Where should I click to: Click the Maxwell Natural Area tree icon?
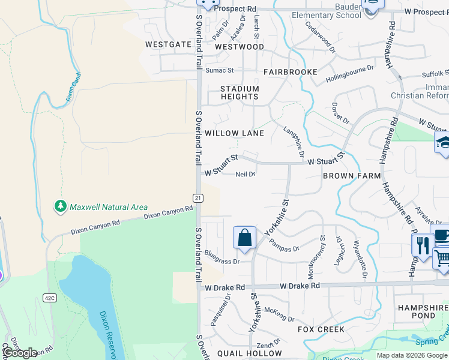tap(60, 206)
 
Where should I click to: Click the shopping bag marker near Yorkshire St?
tap(245, 238)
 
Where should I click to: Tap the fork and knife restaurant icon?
tap(423, 245)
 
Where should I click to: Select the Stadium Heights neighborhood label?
tap(240, 92)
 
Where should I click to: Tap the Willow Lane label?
tap(234, 133)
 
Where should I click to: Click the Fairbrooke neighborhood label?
tap(291, 72)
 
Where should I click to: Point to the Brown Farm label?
tap(352, 176)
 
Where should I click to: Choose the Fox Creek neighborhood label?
tap(321, 329)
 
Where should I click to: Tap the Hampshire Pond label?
tap(423, 311)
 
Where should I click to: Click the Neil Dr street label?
tap(246, 175)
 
